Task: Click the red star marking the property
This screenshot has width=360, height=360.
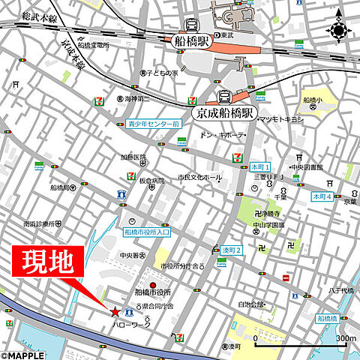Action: (114, 310)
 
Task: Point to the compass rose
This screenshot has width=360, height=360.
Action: (338, 30)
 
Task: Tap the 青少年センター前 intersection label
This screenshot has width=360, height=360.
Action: (153, 124)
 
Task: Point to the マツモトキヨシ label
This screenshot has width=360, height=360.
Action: (280, 119)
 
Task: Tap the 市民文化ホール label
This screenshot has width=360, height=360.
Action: (199, 177)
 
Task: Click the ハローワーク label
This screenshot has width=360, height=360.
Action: (130, 326)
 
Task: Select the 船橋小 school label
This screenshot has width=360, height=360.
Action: (312, 100)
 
